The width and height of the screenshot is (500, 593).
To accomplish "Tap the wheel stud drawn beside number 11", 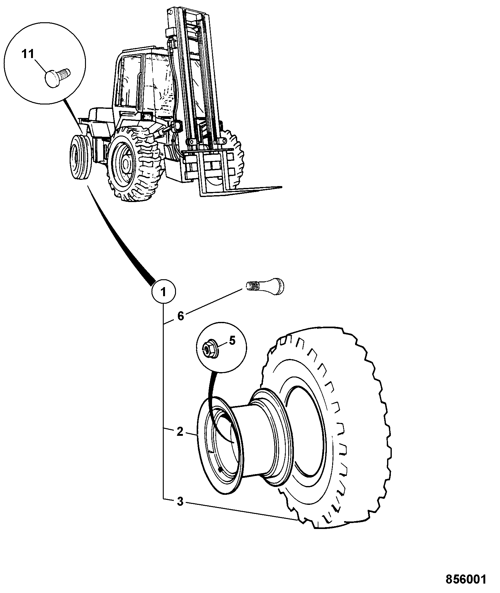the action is (58, 76).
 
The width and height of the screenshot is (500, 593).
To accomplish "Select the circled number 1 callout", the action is (163, 292).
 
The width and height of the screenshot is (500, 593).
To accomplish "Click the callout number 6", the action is (181, 316).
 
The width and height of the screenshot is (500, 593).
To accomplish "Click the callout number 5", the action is (232, 341).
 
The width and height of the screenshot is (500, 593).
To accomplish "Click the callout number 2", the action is (180, 432).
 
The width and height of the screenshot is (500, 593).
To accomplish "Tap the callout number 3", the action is (180, 502).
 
